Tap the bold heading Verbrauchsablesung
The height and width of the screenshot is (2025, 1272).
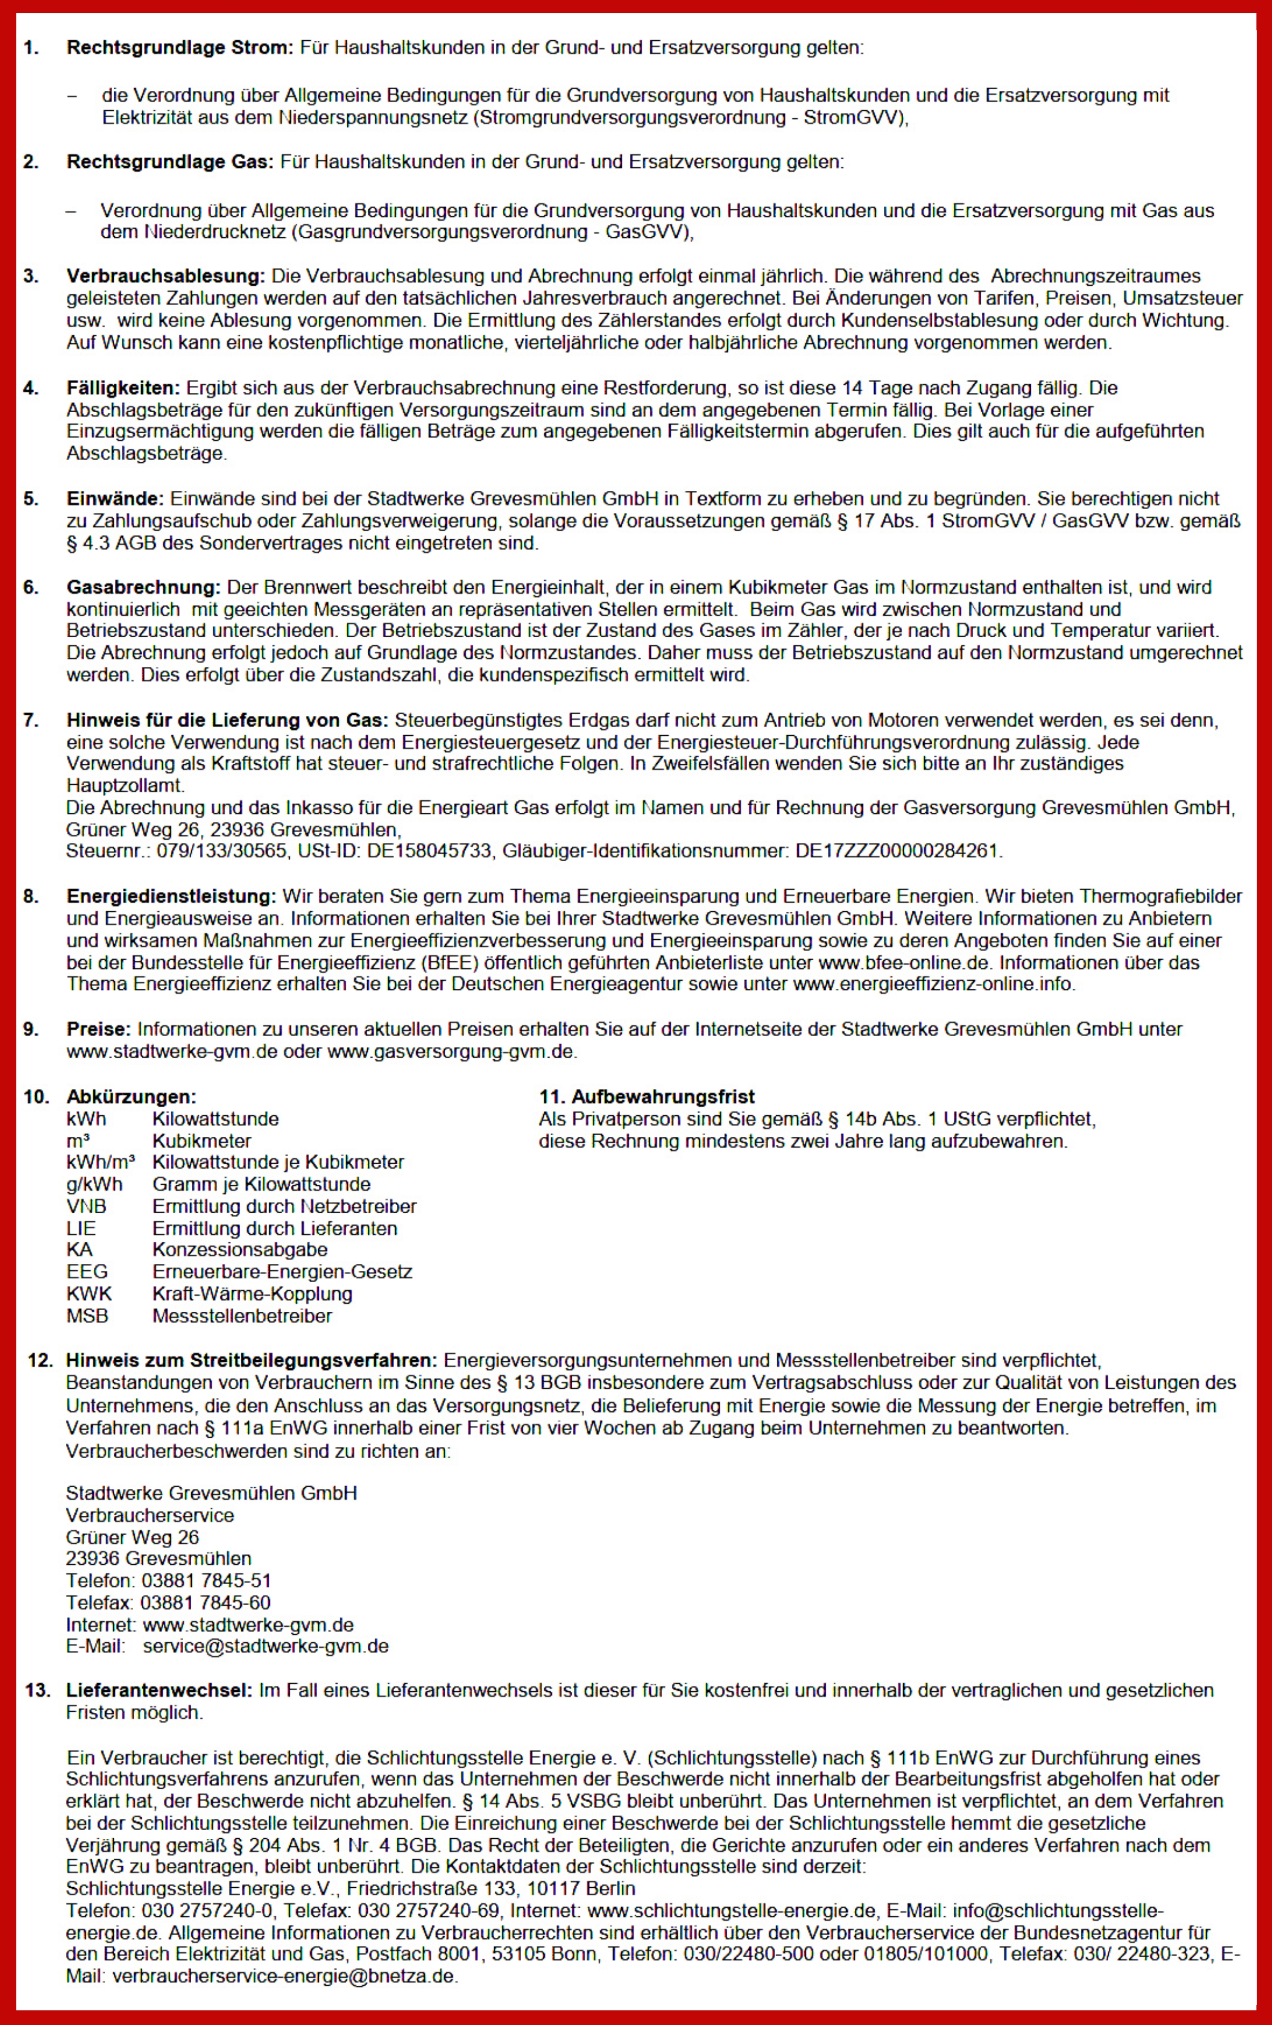pyautogui.click(x=166, y=276)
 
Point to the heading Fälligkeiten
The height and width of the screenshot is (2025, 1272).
pyautogui.click(x=123, y=388)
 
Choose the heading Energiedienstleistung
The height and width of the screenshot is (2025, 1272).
pyautogui.click(x=171, y=896)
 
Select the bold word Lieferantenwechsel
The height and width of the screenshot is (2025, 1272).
pyautogui.click(x=159, y=1690)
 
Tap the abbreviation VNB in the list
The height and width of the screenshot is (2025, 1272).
pyautogui.click(x=87, y=1206)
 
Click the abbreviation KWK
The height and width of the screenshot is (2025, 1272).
pyautogui.click(x=89, y=1293)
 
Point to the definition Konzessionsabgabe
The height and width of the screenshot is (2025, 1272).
pyautogui.click(x=240, y=1249)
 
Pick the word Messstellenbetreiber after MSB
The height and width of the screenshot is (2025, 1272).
pyautogui.click(x=242, y=1316)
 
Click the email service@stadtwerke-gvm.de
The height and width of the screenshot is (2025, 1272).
pyautogui.click(x=266, y=1646)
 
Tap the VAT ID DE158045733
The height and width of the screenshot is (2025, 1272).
pyautogui.click(x=429, y=851)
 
